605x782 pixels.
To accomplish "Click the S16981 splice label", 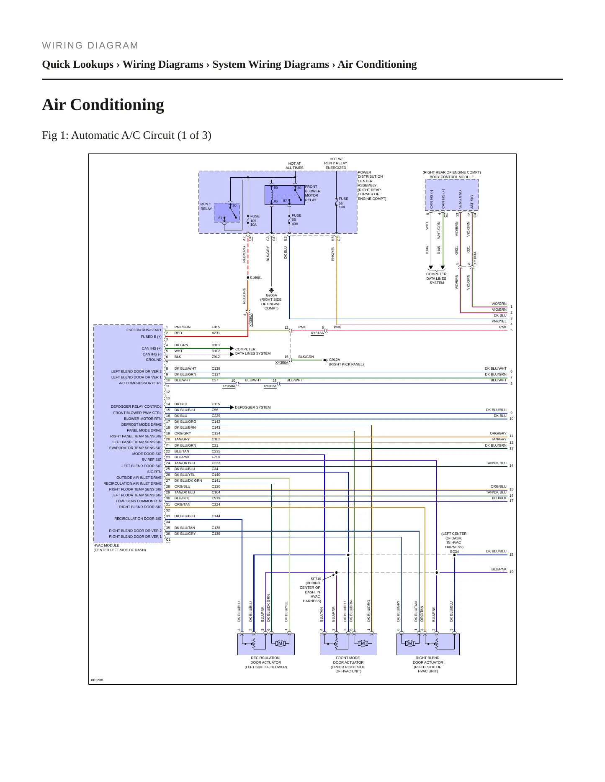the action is coord(256,278).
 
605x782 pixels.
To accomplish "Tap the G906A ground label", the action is coord(271,295).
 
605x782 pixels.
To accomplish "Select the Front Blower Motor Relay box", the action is coord(285,195).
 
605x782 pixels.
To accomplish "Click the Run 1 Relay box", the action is coord(227,212).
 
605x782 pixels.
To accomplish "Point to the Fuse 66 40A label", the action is coord(296,220).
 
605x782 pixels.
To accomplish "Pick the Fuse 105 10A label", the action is coord(255,220).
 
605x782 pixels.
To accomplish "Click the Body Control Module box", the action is coord(452,195).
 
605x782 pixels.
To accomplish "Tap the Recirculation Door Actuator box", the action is coord(266,644).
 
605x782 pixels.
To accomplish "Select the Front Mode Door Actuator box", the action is coord(348,644).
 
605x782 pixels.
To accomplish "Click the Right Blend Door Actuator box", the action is coord(428,644).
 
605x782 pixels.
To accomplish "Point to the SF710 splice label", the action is coord(316,579).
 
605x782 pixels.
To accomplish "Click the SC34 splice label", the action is coord(454,552).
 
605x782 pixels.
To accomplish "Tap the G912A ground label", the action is coord(335,360).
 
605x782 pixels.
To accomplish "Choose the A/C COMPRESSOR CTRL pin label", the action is coord(140,383).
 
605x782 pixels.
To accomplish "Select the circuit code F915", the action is coord(216,327).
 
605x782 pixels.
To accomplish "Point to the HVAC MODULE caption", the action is coord(106,545).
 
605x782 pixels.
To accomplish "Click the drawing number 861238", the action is coord(97,680).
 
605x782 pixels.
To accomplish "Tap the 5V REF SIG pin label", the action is coord(152,460).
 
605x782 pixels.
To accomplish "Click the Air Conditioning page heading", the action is coord(103,105).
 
